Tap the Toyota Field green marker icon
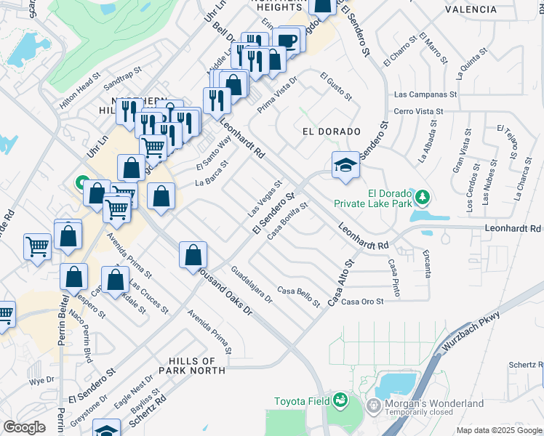[x=340, y=400]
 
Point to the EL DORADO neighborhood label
[x=331, y=132]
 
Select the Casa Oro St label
[x=362, y=302]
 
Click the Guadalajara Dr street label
[x=251, y=285]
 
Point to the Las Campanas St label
[x=425, y=94]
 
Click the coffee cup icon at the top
[x=287, y=40]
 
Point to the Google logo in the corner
[x=24, y=427]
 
